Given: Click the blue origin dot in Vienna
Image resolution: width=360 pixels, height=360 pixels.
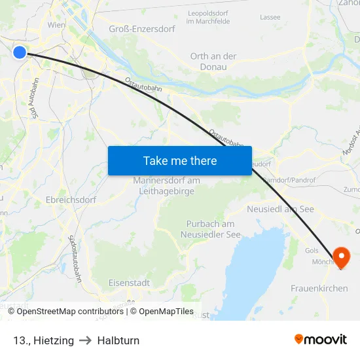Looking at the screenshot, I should coord(20,52).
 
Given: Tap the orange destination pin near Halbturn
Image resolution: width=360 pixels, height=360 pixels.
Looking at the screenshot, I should coord(341,257).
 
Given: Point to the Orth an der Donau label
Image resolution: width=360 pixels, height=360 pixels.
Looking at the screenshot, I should coord(213,62).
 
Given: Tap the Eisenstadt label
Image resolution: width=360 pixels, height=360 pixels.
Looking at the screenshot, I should coord(129,283).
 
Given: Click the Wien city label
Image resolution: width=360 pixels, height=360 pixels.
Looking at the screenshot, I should coord(56,24).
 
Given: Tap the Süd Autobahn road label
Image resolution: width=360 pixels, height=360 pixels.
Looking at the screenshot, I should coord(37,98).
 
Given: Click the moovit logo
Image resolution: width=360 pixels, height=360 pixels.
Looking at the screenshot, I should coord(321,340).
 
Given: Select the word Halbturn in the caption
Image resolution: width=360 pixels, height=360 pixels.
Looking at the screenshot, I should coord(118,340).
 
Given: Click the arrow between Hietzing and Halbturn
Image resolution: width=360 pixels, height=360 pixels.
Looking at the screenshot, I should coord(85,340).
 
